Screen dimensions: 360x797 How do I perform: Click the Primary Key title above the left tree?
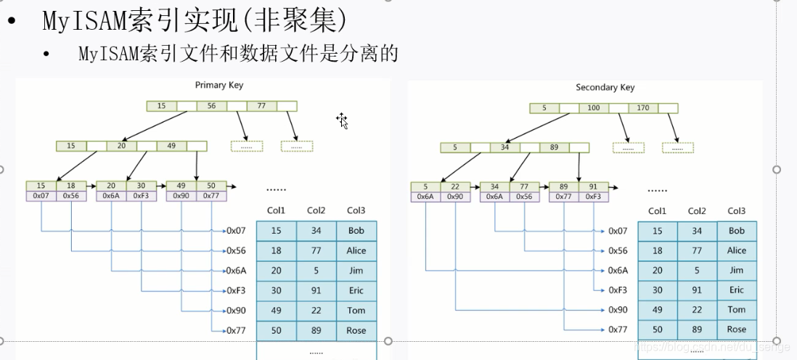(219, 86)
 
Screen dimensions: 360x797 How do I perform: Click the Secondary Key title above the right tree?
(605, 88)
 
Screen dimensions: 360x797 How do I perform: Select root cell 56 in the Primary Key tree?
(211, 106)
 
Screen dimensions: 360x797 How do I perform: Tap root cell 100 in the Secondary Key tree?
(594, 109)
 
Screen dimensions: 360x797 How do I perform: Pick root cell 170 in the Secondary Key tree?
(643, 109)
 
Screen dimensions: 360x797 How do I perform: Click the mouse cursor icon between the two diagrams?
(343, 120)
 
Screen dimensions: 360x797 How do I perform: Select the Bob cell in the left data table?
(356, 231)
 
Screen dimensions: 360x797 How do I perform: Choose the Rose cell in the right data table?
(736, 330)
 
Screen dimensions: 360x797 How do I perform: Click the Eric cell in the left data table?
(356, 290)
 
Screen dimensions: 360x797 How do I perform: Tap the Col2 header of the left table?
(316, 211)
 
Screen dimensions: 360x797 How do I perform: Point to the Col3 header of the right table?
(736, 211)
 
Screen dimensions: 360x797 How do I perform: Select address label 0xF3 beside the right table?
(618, 290)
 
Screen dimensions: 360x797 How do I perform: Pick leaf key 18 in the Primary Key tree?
(70, 186)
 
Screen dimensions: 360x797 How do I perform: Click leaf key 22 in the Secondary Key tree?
(455, 187)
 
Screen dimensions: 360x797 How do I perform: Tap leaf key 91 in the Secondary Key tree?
(593, 187)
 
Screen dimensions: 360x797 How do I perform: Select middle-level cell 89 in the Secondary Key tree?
(554, 148)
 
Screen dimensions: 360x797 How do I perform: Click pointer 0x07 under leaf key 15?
(41, 196)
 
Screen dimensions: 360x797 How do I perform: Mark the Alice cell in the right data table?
(736, 250)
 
